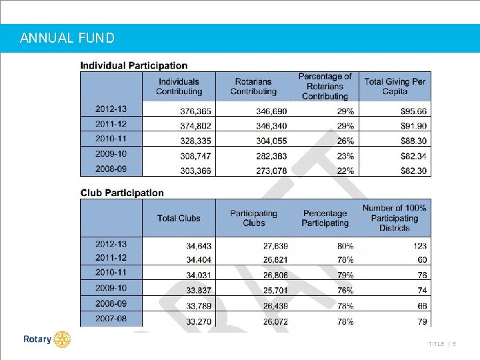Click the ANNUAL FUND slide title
pos(67,38)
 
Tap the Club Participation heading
pos(122,193)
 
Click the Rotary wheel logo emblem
pos(62,339)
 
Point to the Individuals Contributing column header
pos(179,87)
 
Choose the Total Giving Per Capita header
pos(395,87)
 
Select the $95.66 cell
pos(413,111)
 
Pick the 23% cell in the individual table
pos(345,156)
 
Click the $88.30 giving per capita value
pos(413,141)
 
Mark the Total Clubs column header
pos(179,218)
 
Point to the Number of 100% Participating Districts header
pos(395,218)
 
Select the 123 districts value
pos(419,246)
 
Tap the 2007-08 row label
pos(111,319)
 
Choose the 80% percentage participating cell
pos(345,246)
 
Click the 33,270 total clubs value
pos(198,321)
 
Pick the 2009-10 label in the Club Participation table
pos(111,288)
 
